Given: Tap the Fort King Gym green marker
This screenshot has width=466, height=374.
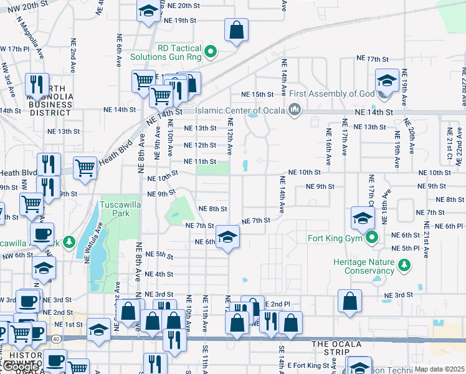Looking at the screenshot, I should (373, 237).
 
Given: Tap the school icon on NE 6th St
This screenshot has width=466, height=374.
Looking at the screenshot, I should (227, 237).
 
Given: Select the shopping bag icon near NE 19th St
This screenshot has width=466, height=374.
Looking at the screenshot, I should (236, 29).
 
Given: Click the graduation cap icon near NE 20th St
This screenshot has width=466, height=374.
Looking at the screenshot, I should (148, 11).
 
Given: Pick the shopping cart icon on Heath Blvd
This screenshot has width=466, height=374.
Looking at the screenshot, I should (85, 167).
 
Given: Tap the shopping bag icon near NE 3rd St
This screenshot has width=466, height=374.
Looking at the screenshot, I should (350, 300).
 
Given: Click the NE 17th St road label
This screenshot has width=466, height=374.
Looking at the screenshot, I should (373, 58).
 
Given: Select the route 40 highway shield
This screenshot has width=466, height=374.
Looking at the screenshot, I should (57, 338).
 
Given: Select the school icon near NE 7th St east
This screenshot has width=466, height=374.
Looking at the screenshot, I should (362, 218).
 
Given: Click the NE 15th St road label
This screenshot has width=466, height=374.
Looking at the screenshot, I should (258, 94).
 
